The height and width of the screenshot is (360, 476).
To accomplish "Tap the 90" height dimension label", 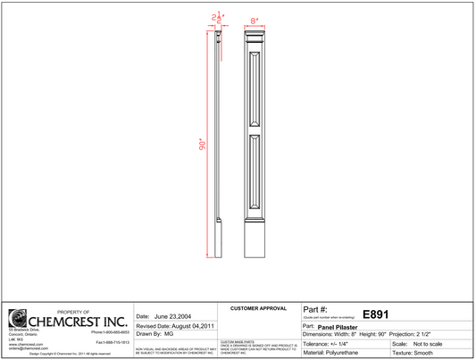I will pos(202,143).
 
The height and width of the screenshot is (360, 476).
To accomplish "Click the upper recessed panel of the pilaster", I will pos(255,92).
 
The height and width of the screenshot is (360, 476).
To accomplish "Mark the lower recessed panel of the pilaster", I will pos(255,173).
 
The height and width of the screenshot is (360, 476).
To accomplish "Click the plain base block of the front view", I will pos(255,238).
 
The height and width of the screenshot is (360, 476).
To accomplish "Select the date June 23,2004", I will pos(172,316).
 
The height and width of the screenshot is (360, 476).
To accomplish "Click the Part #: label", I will pos(316,309).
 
